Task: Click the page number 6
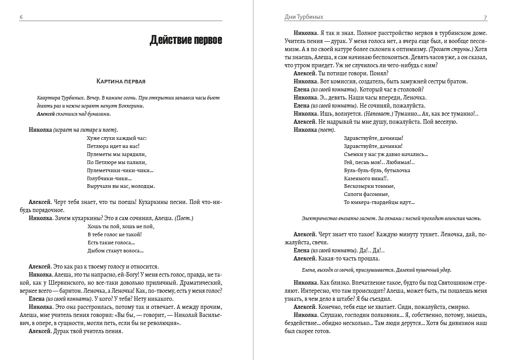coord(21,17)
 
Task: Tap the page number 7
coord(485,17)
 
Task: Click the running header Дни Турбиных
coord(303,17)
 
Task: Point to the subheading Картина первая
coord(121,81)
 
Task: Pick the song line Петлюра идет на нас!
coord(113,146)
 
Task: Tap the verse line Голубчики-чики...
coord(106,178)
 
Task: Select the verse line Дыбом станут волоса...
coord(115,251)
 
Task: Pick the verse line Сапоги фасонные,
coord(366,194)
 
